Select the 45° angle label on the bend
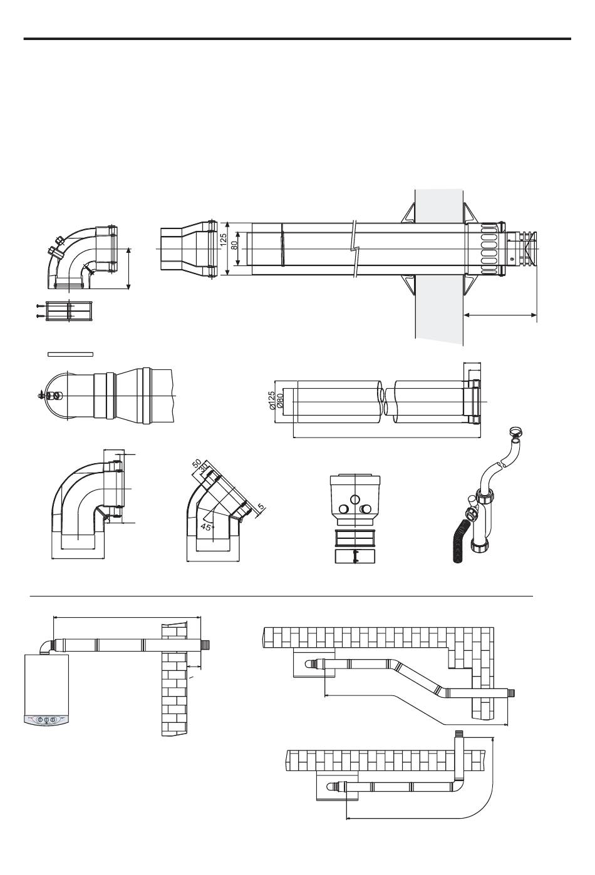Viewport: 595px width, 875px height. tap(205, 527)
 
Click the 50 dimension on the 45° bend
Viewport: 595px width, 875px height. tap(197, 464)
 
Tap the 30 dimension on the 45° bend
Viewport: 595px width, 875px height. tap(204, 469)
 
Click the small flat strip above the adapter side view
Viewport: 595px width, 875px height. tap(71, 354)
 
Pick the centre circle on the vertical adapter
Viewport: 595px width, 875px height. tap(354, 499)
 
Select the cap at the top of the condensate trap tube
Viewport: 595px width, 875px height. tap(515, 431)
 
